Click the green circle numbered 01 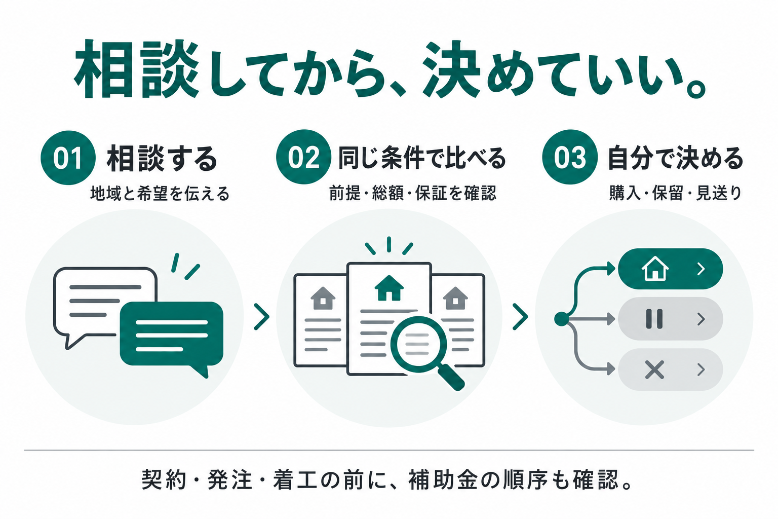[x=68, y=158]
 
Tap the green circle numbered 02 [x=303, y=157]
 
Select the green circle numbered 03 [x=570, y=157]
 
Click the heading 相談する [x=162, y=159]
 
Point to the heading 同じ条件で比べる [x=422, y=158]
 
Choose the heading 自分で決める [x=676, y=158]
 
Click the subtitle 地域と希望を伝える [x=160, y=193]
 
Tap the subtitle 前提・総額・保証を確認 [x=413, y=193]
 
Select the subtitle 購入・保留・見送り [x=676, y=193]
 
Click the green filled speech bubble [x=172, y=336]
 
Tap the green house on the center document [x=389, y=288]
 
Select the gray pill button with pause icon [x=670, y=319]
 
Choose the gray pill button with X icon [x=670, y=369]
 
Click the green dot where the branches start [x=561, y=319]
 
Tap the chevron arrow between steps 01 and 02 [x=261, y=317]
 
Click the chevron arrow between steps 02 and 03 [x=520, y=317]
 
